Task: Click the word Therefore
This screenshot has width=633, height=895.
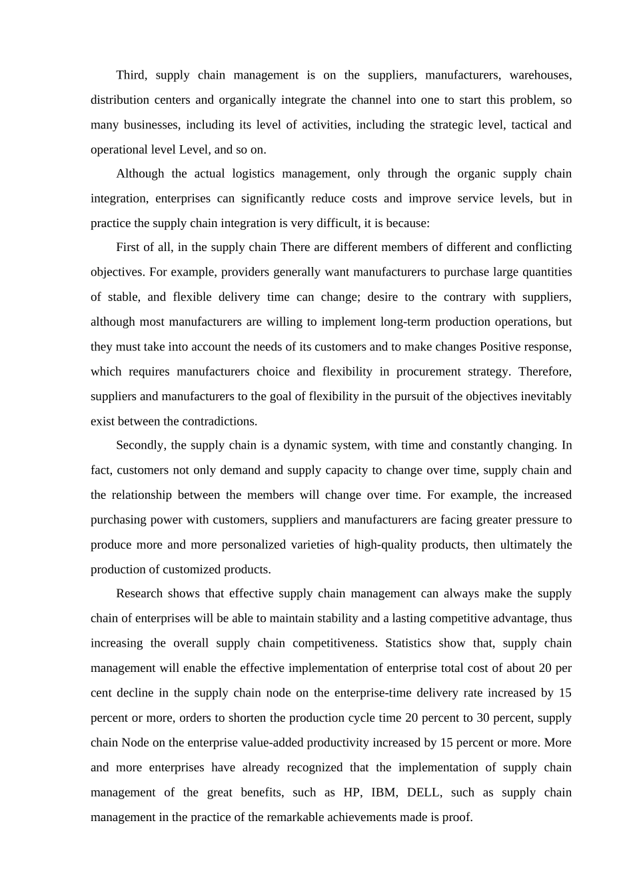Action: (x=544, y=372)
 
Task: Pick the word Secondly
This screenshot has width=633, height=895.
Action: (x=139, y=445)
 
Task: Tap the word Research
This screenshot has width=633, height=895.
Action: (x=139, y=593)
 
